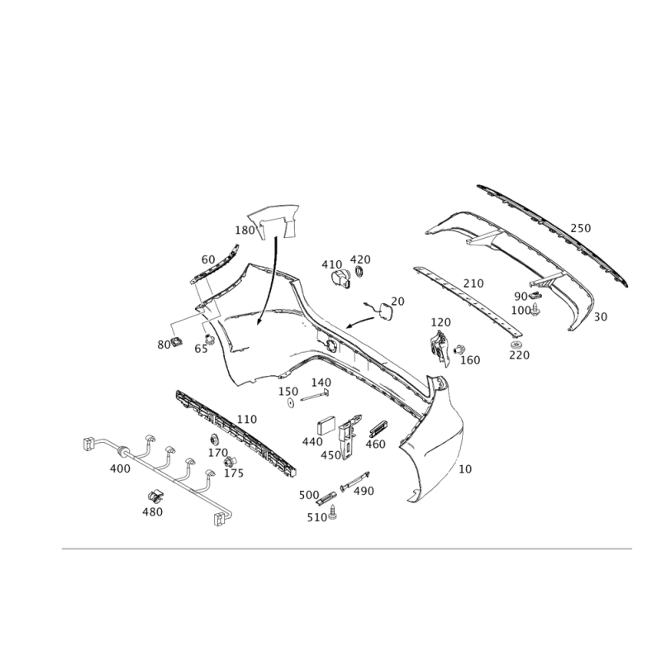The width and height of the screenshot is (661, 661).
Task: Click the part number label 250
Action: click(x=581, y=228)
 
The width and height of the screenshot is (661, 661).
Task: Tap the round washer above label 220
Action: click(x=516, y=345)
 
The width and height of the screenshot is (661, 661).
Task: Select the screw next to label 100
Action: click(x=535, y=309)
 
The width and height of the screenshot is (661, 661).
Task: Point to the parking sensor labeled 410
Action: click(x=341, y=279)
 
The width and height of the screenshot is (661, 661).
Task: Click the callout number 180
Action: click(x=245, y=231)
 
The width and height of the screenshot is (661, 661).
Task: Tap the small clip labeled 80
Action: click(x=177, y=341)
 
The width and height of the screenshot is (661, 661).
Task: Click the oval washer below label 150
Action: click(x=291, y=403)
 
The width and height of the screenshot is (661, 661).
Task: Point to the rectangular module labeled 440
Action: click(x=326, y=426)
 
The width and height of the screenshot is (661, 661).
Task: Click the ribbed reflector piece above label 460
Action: click(x=378, y=428)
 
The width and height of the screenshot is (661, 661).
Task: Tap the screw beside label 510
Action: click(x=334, y=512)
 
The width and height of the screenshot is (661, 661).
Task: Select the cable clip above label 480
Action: click(x=156, y=497)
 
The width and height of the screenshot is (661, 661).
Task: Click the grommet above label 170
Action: click(x=214, y=440)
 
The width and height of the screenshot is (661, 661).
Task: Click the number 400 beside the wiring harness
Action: click(x=120, y=468)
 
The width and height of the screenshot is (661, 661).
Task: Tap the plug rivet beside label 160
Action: click(x=459, y=349)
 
